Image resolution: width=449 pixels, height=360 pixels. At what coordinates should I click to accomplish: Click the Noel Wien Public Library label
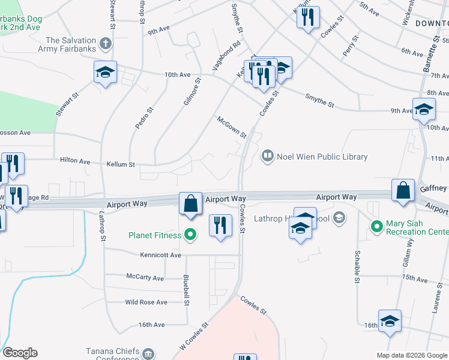coord(322,157)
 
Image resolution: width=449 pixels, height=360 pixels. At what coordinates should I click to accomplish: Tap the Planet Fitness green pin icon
coord(190,235)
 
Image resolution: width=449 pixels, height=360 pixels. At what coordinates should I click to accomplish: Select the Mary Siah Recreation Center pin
coord(377,226)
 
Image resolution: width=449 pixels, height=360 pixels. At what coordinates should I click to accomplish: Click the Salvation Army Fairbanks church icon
coord(106,43)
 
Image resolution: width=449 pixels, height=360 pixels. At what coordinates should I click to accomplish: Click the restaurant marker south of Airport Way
coord(220,226)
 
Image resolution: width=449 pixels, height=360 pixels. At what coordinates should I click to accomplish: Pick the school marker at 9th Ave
coord(424,109)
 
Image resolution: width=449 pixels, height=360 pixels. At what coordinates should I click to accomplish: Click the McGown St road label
coord(232,127)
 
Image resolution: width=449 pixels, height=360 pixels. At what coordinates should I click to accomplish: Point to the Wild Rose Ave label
coord(146,302)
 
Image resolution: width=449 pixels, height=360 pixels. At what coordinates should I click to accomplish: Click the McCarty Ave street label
coord(145,278)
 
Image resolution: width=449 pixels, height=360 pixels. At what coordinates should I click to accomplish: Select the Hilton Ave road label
coord(75,161)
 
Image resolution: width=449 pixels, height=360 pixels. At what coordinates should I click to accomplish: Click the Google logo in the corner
coord(20,353)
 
